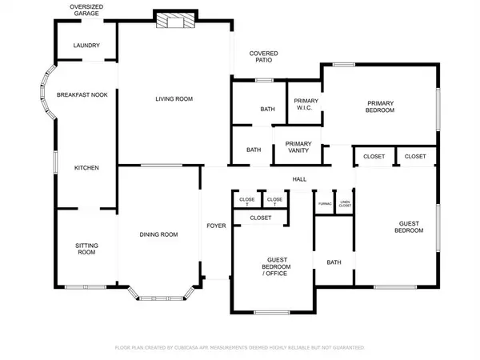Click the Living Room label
tap(174, 99)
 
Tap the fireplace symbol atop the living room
tap(174, 22)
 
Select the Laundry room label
tap(86, 46)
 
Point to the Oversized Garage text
tap(86, 10)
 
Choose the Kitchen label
tap(86, 168)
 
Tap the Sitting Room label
tap(86, 249)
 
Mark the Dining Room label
tap(158, 234)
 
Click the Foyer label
tap(216, 226)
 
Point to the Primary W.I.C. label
tap(306, 105)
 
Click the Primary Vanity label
tap(298, 148)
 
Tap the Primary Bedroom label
tap(381, 106)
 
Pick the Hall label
tap(299, 180)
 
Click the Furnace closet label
tap(325, 204)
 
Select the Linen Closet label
tap(345, 204)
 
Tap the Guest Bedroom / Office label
tap(277, 267)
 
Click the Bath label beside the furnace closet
tap(334, 262)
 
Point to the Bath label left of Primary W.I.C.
tap(267, 110)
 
